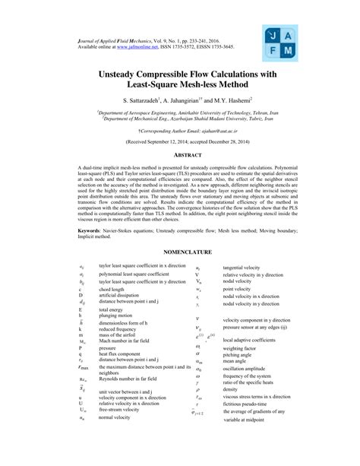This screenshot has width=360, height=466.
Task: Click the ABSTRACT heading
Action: (x=180, y=154)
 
